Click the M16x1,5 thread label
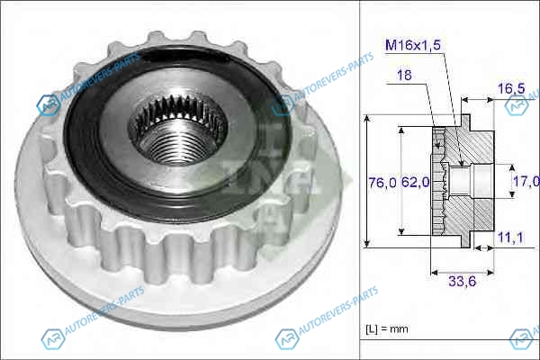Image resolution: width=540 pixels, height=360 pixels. click(413, 45)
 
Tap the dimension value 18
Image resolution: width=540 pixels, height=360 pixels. click(404, 75)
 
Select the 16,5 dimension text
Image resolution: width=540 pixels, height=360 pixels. click(511, 88)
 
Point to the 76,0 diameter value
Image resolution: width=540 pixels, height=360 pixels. click(382, 182)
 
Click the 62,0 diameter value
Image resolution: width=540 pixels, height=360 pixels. click(415, 182)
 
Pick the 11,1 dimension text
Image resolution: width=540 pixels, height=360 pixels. click(510, 238)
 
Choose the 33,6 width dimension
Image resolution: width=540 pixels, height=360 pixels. click(462, 282)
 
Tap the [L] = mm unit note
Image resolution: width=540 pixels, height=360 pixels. click(387, 329)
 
